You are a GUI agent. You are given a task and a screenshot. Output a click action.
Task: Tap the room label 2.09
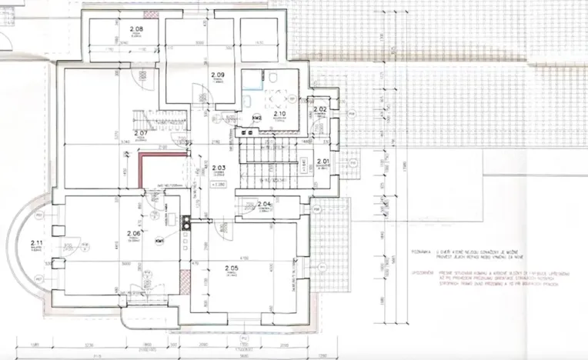click(x=217, y=75)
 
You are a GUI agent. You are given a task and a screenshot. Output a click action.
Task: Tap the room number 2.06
click(x=132, y=233)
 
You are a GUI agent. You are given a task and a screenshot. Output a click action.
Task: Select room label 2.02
click(x=320, y=111)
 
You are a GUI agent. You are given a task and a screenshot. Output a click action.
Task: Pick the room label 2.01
click(x=323, y=162)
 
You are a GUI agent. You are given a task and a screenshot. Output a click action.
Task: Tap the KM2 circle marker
click(x=257, y=118)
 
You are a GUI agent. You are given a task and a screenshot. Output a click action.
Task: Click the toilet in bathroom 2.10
click(x=274, y=78)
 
